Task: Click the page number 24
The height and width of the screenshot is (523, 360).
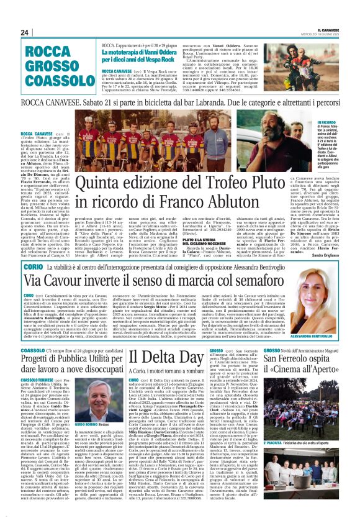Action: pos(25,32)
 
